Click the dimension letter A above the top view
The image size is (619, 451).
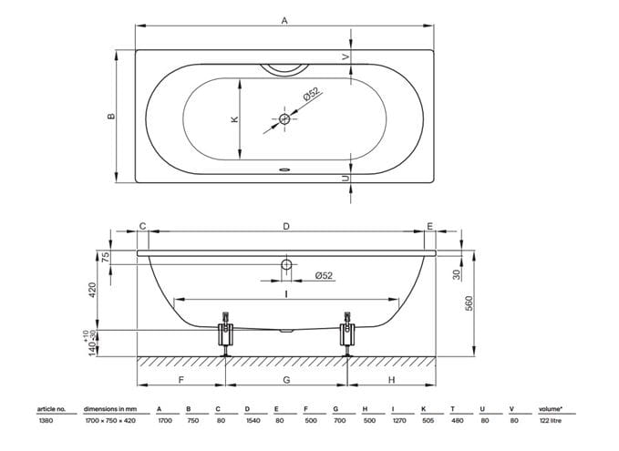click(284, 20)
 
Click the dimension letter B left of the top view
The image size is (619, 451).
click(111, 117)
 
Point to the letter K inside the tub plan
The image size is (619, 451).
click(234, 118)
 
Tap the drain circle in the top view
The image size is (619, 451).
click(284, 118)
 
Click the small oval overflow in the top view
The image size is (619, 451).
click(284, 170)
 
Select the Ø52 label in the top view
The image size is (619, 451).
click(312, 95)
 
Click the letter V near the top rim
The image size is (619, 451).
click(346, 57)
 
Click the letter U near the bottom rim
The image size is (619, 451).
click(346, 179)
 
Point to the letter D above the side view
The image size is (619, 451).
click(286, 226)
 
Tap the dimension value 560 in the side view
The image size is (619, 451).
click(469, 303)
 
